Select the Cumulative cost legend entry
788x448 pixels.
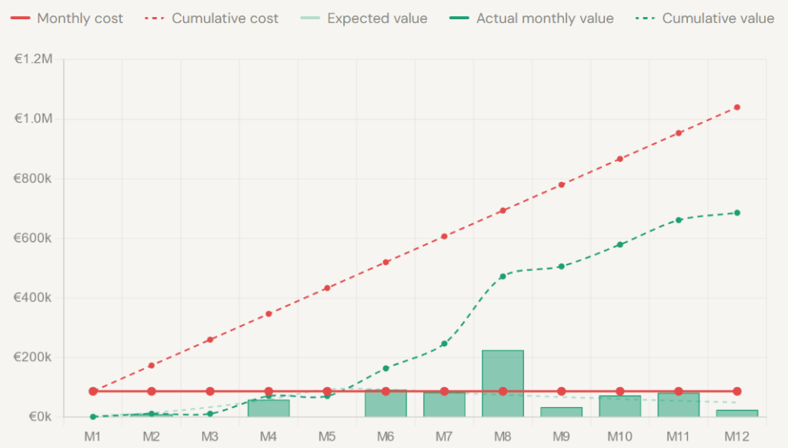pos(212,18)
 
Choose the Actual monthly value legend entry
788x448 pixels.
pos(532,18)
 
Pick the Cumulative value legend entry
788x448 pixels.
pos(704,18)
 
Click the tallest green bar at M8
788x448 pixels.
pos(503,383)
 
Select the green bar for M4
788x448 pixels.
pos(269,408)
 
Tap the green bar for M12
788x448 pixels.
pos(737,413)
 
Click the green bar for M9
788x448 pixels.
pos(561,412)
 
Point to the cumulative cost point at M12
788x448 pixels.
pos(737,107)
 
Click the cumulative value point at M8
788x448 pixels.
pos(503,276)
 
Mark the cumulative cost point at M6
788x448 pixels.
pos(386,262)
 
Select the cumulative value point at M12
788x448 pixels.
pos(737,212)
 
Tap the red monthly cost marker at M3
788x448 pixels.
pos(210,391)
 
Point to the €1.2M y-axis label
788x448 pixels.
pos(33,59)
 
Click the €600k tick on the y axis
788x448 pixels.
pos(33,238)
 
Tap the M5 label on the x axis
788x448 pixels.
pos(327,436)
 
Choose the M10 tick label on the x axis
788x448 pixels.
pos(619,436)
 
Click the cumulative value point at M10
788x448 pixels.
pos(619,245)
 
